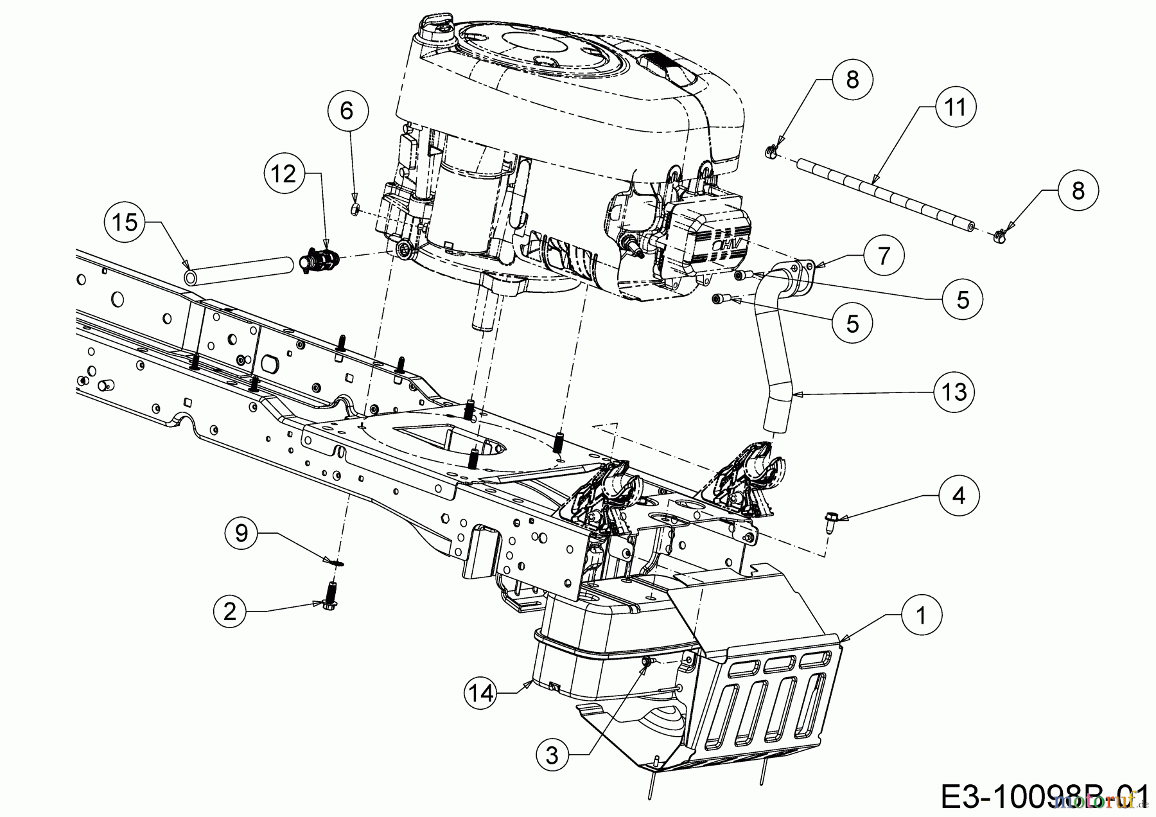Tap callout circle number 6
(346, 111)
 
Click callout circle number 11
(955, 107)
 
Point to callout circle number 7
(883, 256)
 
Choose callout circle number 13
(954, 391)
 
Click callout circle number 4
(958, 495)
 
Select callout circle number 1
(921, 616)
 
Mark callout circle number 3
(552, 756)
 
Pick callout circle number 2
(230, 610)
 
